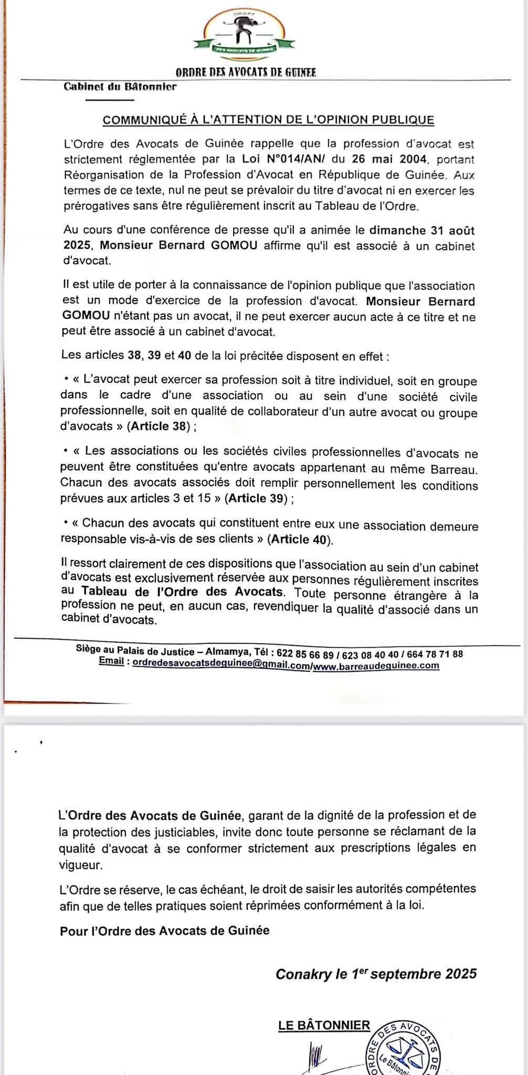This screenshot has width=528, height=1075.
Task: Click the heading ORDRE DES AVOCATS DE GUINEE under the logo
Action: (x=246, y=73)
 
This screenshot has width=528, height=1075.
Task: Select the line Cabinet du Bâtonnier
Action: (x=120, y=87)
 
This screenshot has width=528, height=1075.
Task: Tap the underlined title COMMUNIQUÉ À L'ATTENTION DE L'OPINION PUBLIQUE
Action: (x=268, y=120)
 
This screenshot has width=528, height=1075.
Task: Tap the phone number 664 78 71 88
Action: (x=435, y=654)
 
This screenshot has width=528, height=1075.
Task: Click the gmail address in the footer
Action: (x=221, y=665)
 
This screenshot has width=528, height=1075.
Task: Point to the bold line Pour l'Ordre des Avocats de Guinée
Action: (x=165, y=931)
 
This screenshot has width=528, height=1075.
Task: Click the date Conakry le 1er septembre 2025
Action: (x=376, y=974)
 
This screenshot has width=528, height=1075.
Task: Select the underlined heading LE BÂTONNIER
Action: (x=324, y=1025)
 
